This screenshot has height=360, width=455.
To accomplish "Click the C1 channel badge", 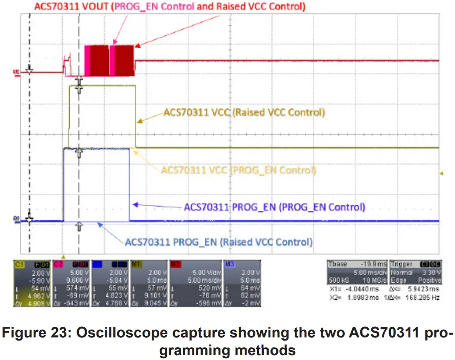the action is pos(19,264).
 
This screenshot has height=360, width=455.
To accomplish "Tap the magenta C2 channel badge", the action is pos(58,264).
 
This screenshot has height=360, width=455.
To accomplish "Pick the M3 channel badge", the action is pos(229,264).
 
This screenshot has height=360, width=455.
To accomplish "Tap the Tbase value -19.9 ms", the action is pos(372,264).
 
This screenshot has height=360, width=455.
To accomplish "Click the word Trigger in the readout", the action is pos(401,264).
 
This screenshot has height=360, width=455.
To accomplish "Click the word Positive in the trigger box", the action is pos(429,280).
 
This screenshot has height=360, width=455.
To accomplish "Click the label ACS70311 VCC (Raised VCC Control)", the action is pos(244,112).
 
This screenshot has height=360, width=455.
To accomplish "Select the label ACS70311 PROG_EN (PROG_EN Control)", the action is pos(274,207).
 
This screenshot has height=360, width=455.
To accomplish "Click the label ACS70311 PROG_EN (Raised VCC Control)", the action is pos(219,242).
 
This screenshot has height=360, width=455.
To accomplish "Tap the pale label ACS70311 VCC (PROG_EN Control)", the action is pos(239,170).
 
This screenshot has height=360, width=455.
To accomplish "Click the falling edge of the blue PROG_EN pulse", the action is pos(129,186).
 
